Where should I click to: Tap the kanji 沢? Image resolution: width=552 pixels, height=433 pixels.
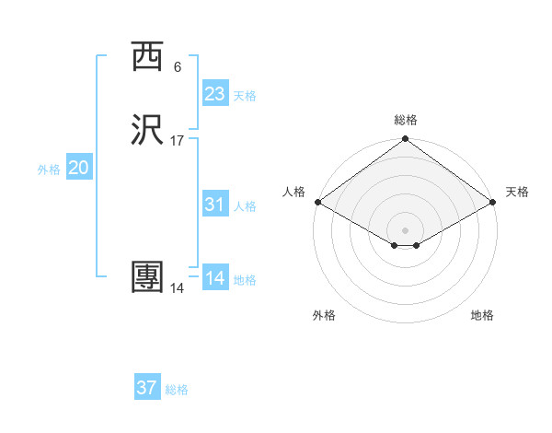click(147, 131)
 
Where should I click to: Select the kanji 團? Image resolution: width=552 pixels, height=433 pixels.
click(147, 277)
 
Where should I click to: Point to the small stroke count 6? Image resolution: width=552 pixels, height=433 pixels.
click(178, 67)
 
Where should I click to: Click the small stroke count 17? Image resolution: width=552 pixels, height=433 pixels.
click(178, 141)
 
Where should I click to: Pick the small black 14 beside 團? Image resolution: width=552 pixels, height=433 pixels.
click(178, 288)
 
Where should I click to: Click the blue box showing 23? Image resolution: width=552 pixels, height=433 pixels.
click(214, 94)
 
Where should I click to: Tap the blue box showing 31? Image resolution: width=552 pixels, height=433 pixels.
click(214, 205)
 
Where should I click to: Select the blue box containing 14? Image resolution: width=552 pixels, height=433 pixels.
click(214, 277)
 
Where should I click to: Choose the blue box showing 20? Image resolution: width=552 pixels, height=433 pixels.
click(78, 168)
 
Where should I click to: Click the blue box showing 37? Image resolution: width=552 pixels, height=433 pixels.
click(147, 388)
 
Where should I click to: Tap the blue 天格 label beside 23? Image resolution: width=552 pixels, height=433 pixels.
click(245, 96)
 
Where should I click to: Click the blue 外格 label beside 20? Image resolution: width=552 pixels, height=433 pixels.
click(49, 170)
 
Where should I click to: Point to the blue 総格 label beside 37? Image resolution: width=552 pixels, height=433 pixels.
click(177, 390)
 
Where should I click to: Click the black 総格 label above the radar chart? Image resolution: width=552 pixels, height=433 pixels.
click(405, 120)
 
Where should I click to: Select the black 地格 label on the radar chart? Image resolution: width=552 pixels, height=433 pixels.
click(482, 315)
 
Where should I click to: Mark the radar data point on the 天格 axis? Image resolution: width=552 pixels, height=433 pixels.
click(494, 203)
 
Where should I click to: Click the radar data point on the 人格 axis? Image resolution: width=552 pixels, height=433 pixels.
click(316, 203)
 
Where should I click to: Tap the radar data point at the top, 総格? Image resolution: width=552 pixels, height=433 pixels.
click(405, 141)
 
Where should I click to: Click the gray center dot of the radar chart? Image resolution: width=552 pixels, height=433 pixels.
click(405, 229)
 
